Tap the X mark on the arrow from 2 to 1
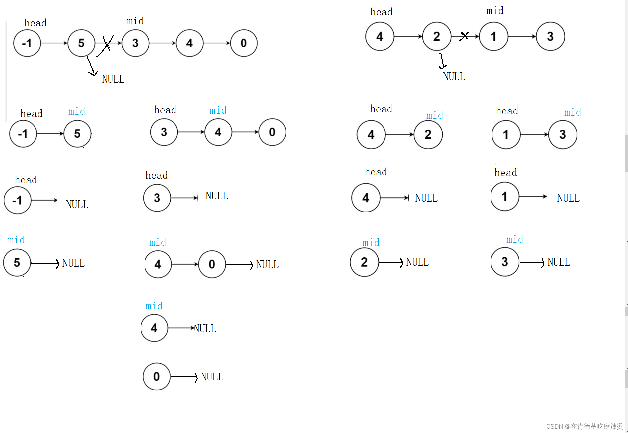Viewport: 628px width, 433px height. [464, 36]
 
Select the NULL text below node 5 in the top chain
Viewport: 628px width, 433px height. [113, 79]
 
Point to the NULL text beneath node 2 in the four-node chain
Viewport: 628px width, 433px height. [454, 76]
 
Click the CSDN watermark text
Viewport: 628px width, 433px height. [584, 426]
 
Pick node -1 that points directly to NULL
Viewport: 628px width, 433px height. [18, 200]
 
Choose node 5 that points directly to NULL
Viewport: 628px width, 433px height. [17, 263]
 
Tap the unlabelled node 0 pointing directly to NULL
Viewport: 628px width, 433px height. [157, 377]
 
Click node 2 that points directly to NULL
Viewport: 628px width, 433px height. [364, 262]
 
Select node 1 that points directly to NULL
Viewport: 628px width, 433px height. [505, 197]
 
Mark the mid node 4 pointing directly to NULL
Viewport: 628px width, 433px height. [154, 328]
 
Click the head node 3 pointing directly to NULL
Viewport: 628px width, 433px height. [157, 198]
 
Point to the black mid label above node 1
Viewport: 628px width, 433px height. [495, 11]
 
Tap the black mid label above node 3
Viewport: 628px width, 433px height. [135, 21]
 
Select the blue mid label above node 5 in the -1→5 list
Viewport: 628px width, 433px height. [77, 111]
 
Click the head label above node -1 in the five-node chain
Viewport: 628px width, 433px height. [35, 23]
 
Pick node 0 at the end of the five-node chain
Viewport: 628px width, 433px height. [244, 43]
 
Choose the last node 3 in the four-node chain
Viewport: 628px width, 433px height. [550, 36]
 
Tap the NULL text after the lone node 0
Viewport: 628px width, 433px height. [212, 377]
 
